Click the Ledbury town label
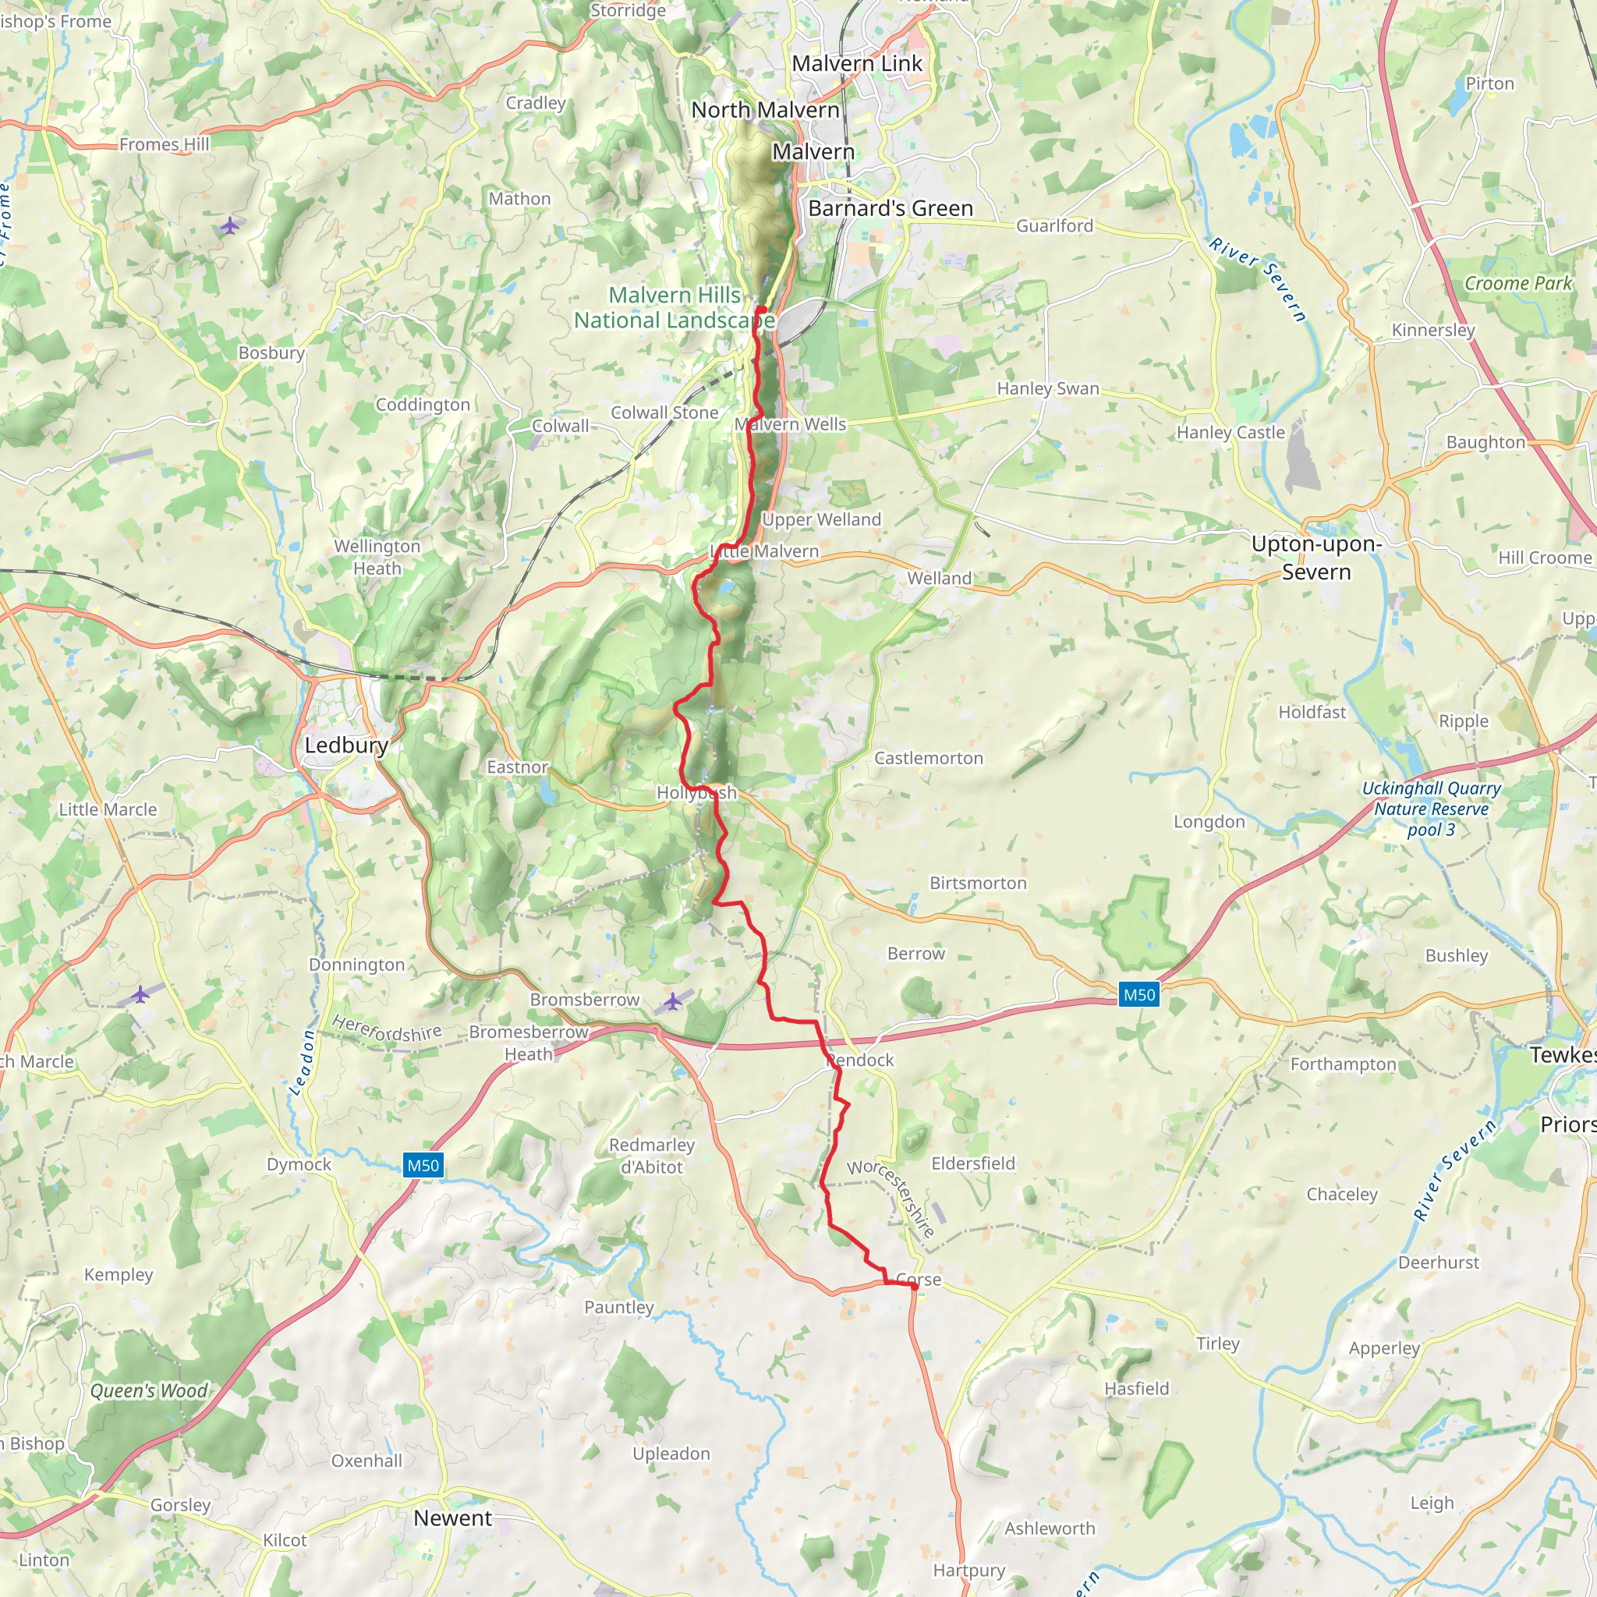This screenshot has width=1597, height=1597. tap(346, 745)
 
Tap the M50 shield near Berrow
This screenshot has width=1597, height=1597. tap(1138, 995)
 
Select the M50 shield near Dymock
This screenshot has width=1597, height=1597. tap(423, 1166)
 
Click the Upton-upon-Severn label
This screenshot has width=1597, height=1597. tap(1316, 558)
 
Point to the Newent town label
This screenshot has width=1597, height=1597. tap(452, 1517)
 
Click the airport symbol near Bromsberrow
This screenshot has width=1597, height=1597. tap(673, 1002)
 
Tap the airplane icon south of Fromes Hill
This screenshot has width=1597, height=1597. tap(230, 225)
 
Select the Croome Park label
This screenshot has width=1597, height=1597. tap(1517, 284)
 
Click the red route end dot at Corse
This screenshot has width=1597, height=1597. tap(914, 1286)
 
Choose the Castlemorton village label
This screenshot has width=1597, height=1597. tap(928, 758)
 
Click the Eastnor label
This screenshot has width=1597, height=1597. tap(517, 767)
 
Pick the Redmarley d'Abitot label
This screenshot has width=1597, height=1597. tap(651, 1156)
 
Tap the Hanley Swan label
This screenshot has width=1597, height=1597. tap(1047, 388)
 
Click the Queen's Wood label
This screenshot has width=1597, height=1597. tap(149, 1390)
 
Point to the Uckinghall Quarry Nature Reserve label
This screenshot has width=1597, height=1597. tap(1431, 809)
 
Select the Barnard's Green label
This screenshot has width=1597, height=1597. tap(891, 208)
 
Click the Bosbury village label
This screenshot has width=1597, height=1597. tap(271, 353)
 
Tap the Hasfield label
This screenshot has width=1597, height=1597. tap(1137, 1389)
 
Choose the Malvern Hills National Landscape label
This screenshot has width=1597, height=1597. tap(675, 307)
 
